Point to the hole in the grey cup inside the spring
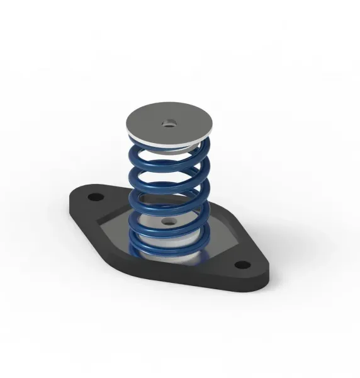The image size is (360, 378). point(168,222)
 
